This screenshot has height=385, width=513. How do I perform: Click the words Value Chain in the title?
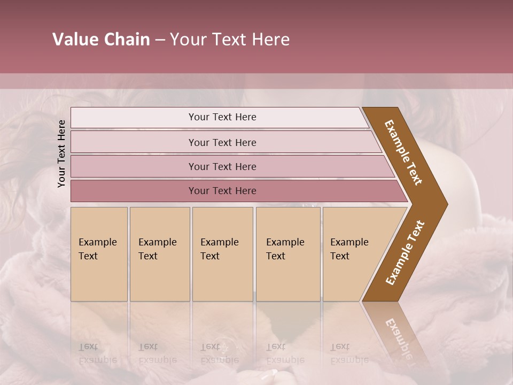[101, 40]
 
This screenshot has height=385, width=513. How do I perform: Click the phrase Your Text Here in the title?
[230, 40]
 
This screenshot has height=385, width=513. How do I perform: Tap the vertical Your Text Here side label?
[61, 153]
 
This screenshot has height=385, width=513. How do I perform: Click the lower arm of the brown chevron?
[405, 253]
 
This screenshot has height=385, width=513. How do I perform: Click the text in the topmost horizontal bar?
[222, 117]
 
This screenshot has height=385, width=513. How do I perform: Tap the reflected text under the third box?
[219, 353]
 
